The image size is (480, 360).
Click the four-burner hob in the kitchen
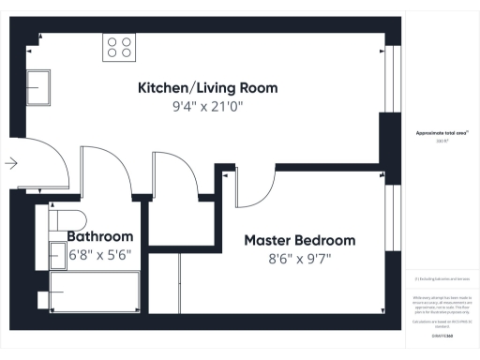click(x=118, y=46)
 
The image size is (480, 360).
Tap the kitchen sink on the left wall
click(x=39, y=87)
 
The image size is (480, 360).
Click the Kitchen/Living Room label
click(x=207, y=88)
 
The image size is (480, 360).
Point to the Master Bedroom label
click(x=300, y=240)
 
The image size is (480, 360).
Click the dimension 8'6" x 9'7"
click(x=300, y=258)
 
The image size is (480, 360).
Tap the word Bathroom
click(x=100, y=236)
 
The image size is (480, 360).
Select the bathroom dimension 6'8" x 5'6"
click(x=101, y=254)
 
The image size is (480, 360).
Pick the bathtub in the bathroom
click(x=94, y=294)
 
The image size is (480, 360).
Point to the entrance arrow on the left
click(x=11, y=163)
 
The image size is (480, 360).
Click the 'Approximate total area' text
click(x=442, y=134)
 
